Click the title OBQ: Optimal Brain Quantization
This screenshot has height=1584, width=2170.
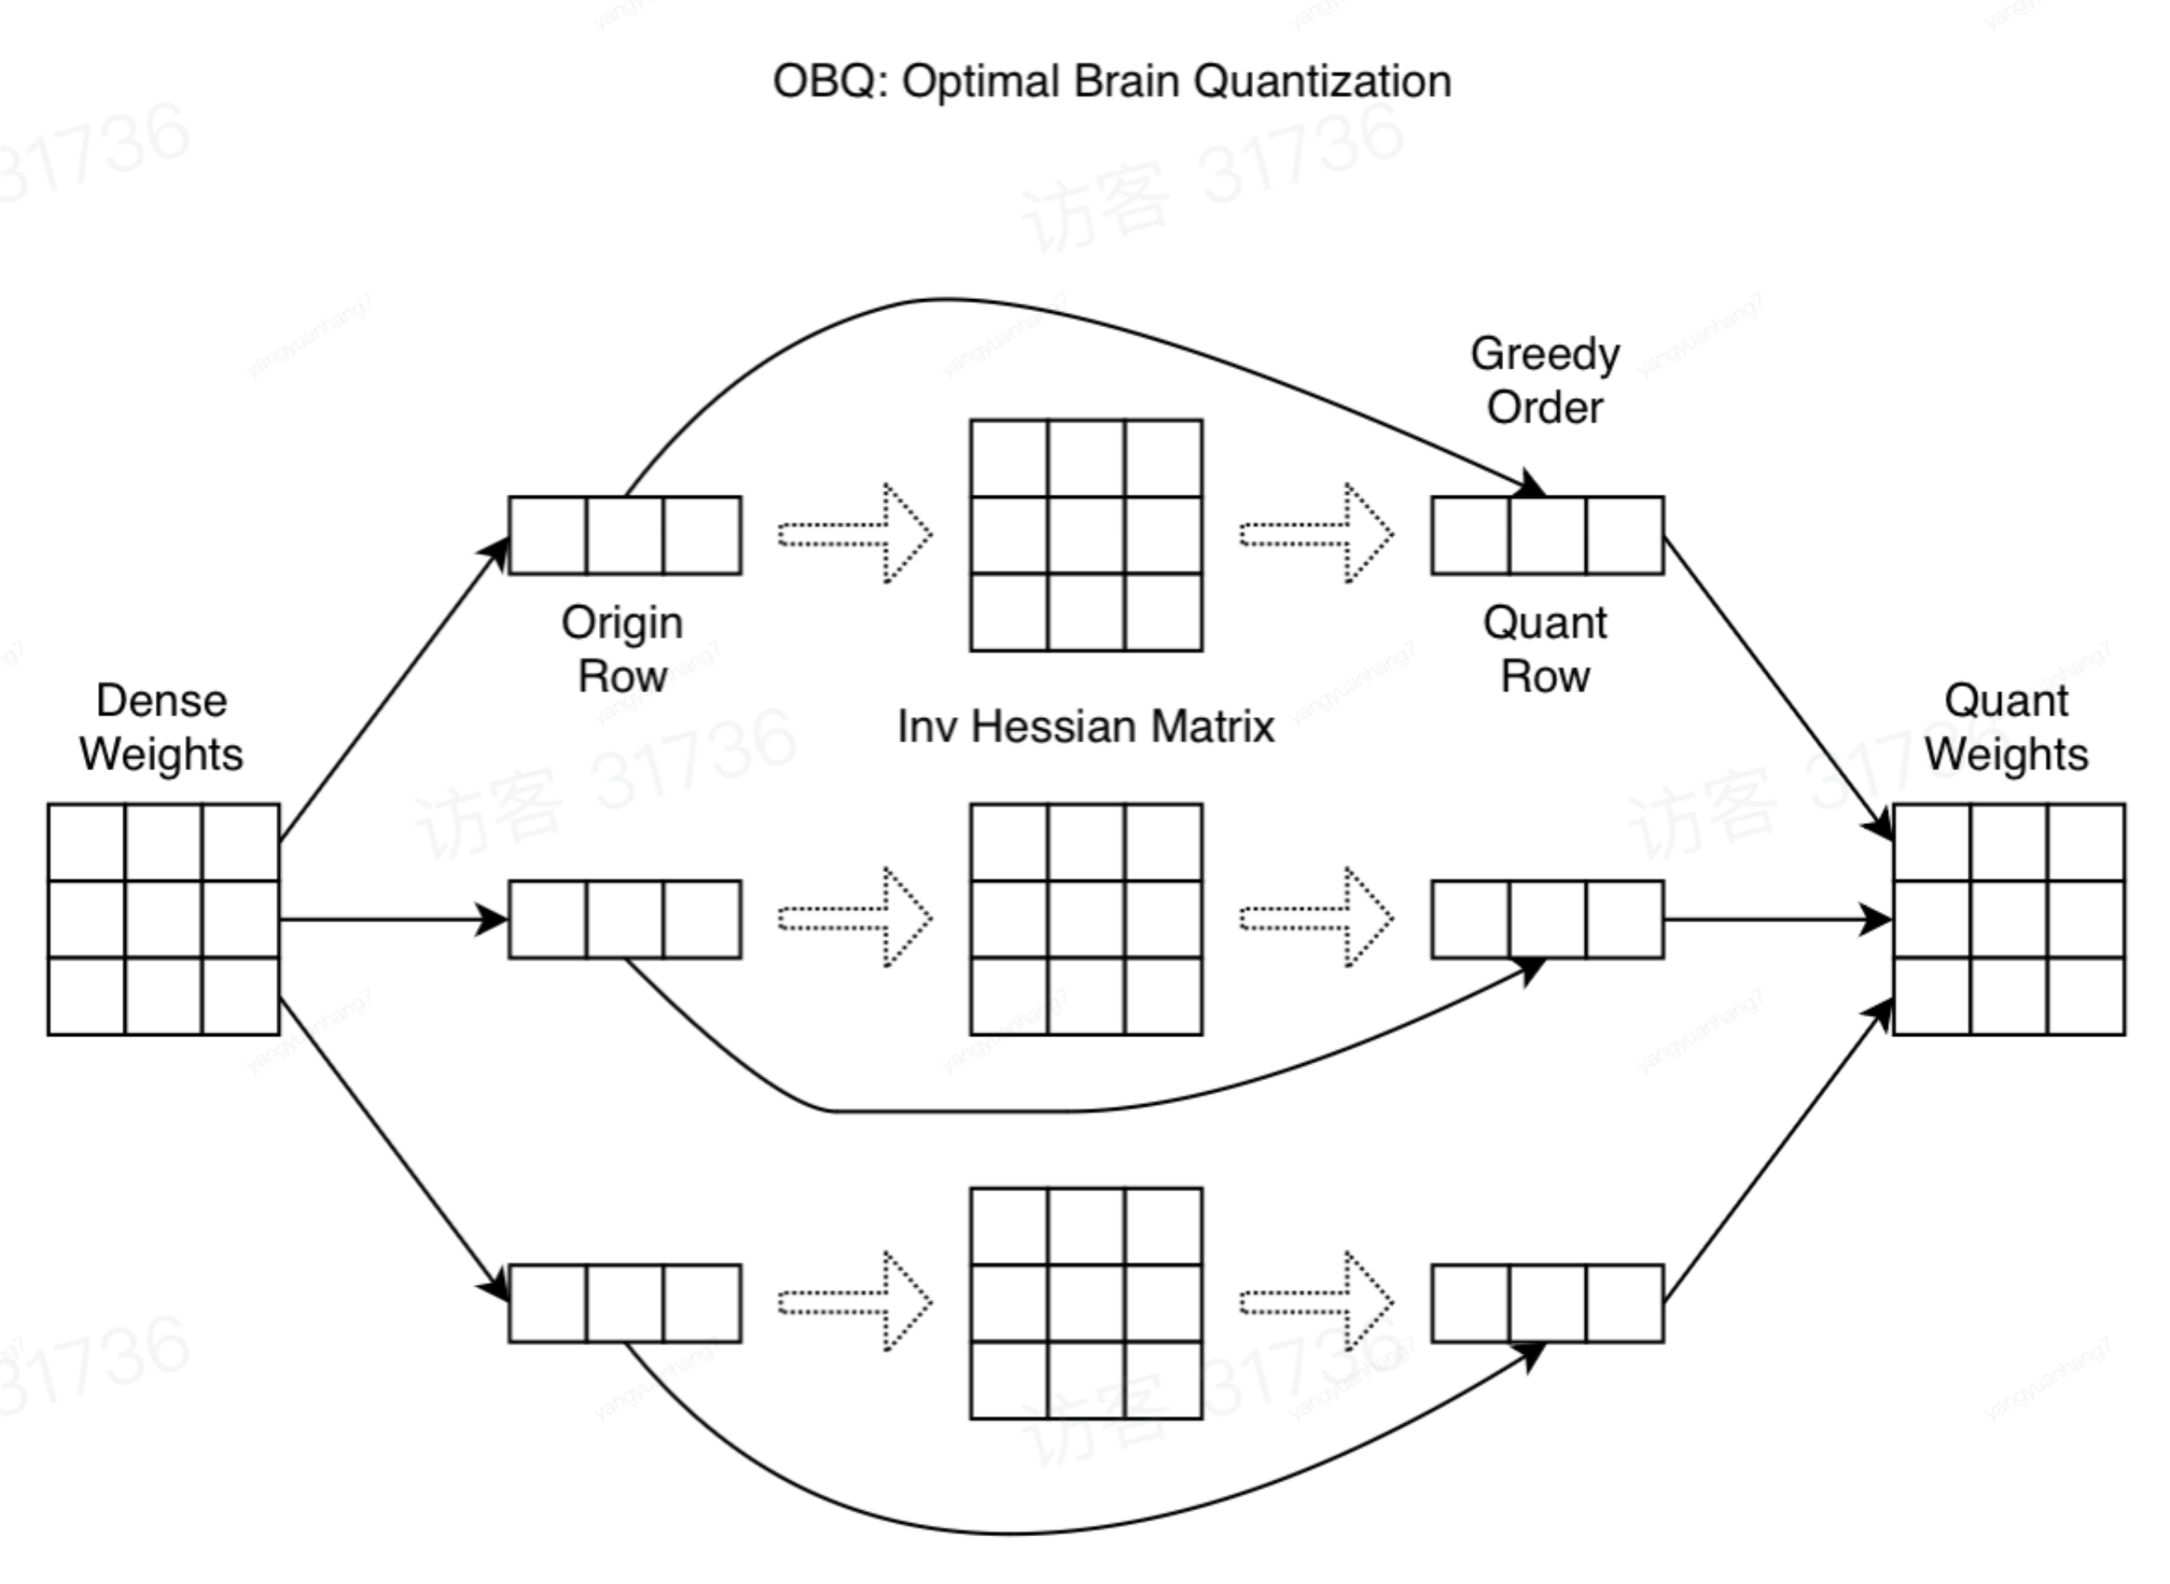(x=1111, y=82)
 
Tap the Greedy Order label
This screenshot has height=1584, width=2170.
(x=1545, y=381)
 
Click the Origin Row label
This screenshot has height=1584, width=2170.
(x=622, y=649)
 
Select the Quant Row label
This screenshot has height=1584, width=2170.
(x=1545, y=649)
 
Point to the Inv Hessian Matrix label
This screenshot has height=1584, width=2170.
(x=1086, y=727)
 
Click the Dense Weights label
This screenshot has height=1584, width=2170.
(x=161, y=727)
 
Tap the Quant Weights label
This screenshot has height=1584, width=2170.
(x=2007, y=727)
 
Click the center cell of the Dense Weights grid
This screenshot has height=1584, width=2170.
(x=163, y=920)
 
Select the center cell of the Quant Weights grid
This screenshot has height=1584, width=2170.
(x=2009, y=920)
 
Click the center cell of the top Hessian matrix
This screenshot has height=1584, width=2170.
(x=1086, y=535)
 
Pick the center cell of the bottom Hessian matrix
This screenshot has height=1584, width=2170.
(x=1086, y=1303)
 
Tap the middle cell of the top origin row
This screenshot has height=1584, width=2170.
(x=624, y=535)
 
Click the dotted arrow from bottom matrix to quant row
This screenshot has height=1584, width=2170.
(x=1316, y=1302)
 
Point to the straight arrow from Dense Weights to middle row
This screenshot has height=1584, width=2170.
(x=393, y=921)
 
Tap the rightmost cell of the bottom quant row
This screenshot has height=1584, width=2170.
(x=1624, y=1303)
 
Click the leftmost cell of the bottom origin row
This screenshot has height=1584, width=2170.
(x=548, y=1303)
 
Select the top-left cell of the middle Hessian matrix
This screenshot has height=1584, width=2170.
(x=1008, y=842)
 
